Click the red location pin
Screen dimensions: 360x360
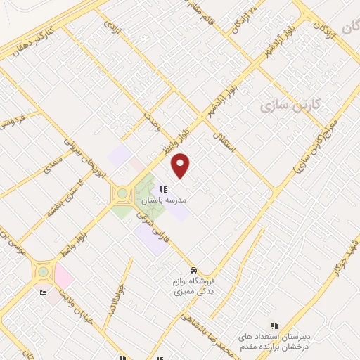point(181,165)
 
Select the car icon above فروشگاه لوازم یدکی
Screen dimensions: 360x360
point(193,271)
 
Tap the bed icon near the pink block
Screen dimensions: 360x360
point(44,293)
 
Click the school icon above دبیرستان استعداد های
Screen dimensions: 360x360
point(275,326)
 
